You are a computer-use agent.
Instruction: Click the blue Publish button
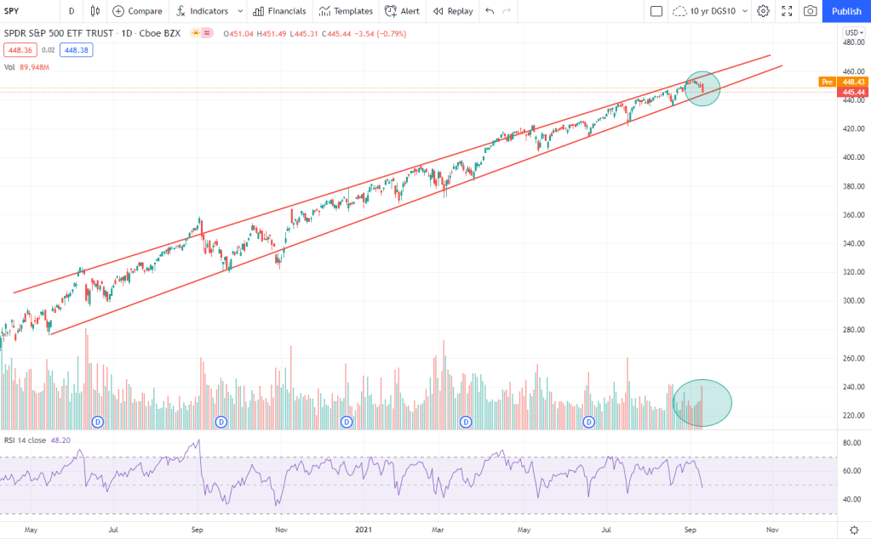pos(845,11)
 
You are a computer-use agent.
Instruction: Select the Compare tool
pos(138,11)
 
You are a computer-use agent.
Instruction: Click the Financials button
pos(278,11)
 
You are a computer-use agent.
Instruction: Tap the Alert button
pos(402,11)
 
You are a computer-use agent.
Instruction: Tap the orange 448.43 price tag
pos(853,82)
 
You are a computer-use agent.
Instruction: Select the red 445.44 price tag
pos(853,92)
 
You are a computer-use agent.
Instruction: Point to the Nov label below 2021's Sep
pos(771,529)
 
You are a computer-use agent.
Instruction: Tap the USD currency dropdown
pos(852,32)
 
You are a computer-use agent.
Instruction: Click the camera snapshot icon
pos(810,11)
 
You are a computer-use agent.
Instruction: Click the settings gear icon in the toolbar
pos(763,11)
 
